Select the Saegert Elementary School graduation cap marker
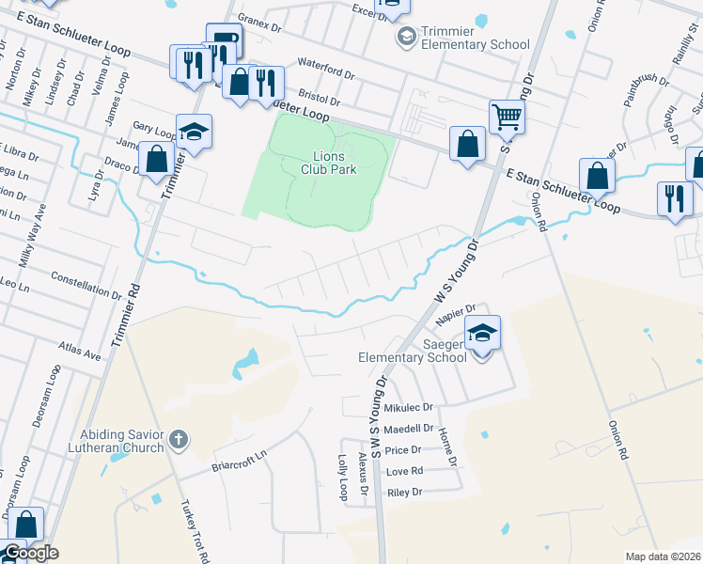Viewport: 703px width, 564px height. pyautogui.click(x=482, y=335)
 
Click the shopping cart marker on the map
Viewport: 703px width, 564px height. pyautogui.click(x=507, y=117)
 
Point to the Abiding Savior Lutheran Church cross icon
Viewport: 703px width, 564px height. pyautogui.click(x=179, y=439)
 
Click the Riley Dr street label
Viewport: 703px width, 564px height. pyautogui.click(x=405, y=492)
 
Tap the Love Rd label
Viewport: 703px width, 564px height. pyautogui.click(x=404, y=471)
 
